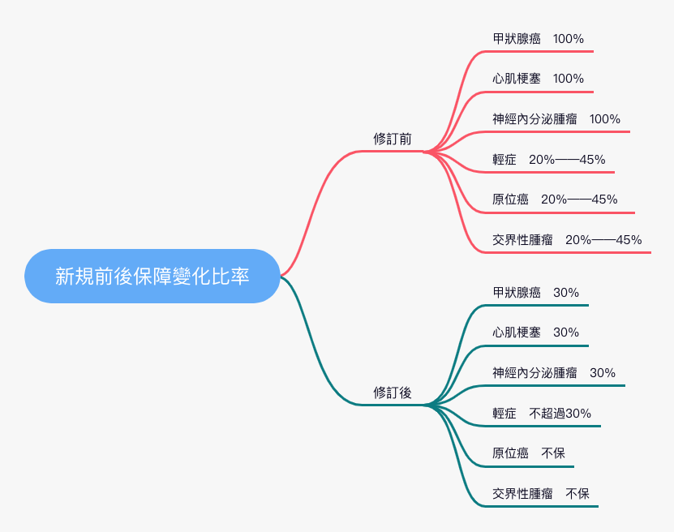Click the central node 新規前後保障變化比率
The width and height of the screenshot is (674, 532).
click(152, 276)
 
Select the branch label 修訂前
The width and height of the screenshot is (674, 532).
click(393, 139)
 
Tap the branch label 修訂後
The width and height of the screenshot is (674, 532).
click(393, 393)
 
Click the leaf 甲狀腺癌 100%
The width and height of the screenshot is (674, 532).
click(538, 39)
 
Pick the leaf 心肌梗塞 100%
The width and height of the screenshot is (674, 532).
click(538, 79)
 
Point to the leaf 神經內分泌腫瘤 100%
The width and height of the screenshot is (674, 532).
click(556, 119)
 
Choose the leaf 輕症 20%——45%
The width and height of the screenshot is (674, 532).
click(548, 160)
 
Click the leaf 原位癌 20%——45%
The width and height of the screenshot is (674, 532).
click(555, 199)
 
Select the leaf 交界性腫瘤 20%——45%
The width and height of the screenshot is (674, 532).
click(567, 240)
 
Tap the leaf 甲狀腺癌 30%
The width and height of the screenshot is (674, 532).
click(535, 293)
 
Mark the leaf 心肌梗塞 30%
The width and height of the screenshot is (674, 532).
click(535, 332)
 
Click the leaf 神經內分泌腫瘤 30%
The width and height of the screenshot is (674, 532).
click(554, 373)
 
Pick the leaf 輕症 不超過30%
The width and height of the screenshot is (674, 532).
click(542, 414)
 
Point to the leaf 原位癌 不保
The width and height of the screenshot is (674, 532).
click(529, 453)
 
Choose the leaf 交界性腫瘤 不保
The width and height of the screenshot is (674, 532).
click(541, 493)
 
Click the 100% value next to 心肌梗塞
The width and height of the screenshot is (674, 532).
click(569, 79)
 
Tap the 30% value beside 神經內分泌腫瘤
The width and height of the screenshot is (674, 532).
click(603, 373)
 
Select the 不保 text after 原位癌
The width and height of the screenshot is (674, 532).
click(553, 453)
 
